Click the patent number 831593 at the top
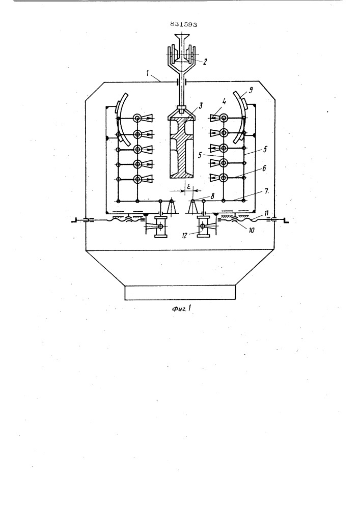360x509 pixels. pos(183,24)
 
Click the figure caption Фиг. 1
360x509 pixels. pos(181,308)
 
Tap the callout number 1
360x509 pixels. pos(148,73)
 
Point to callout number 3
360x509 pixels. pos(201,105)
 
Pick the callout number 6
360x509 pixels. pos(264,168)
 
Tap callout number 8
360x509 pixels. pos(212,196)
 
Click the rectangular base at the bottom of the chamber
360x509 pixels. pos(180,293)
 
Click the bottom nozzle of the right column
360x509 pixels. pos(215,178)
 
